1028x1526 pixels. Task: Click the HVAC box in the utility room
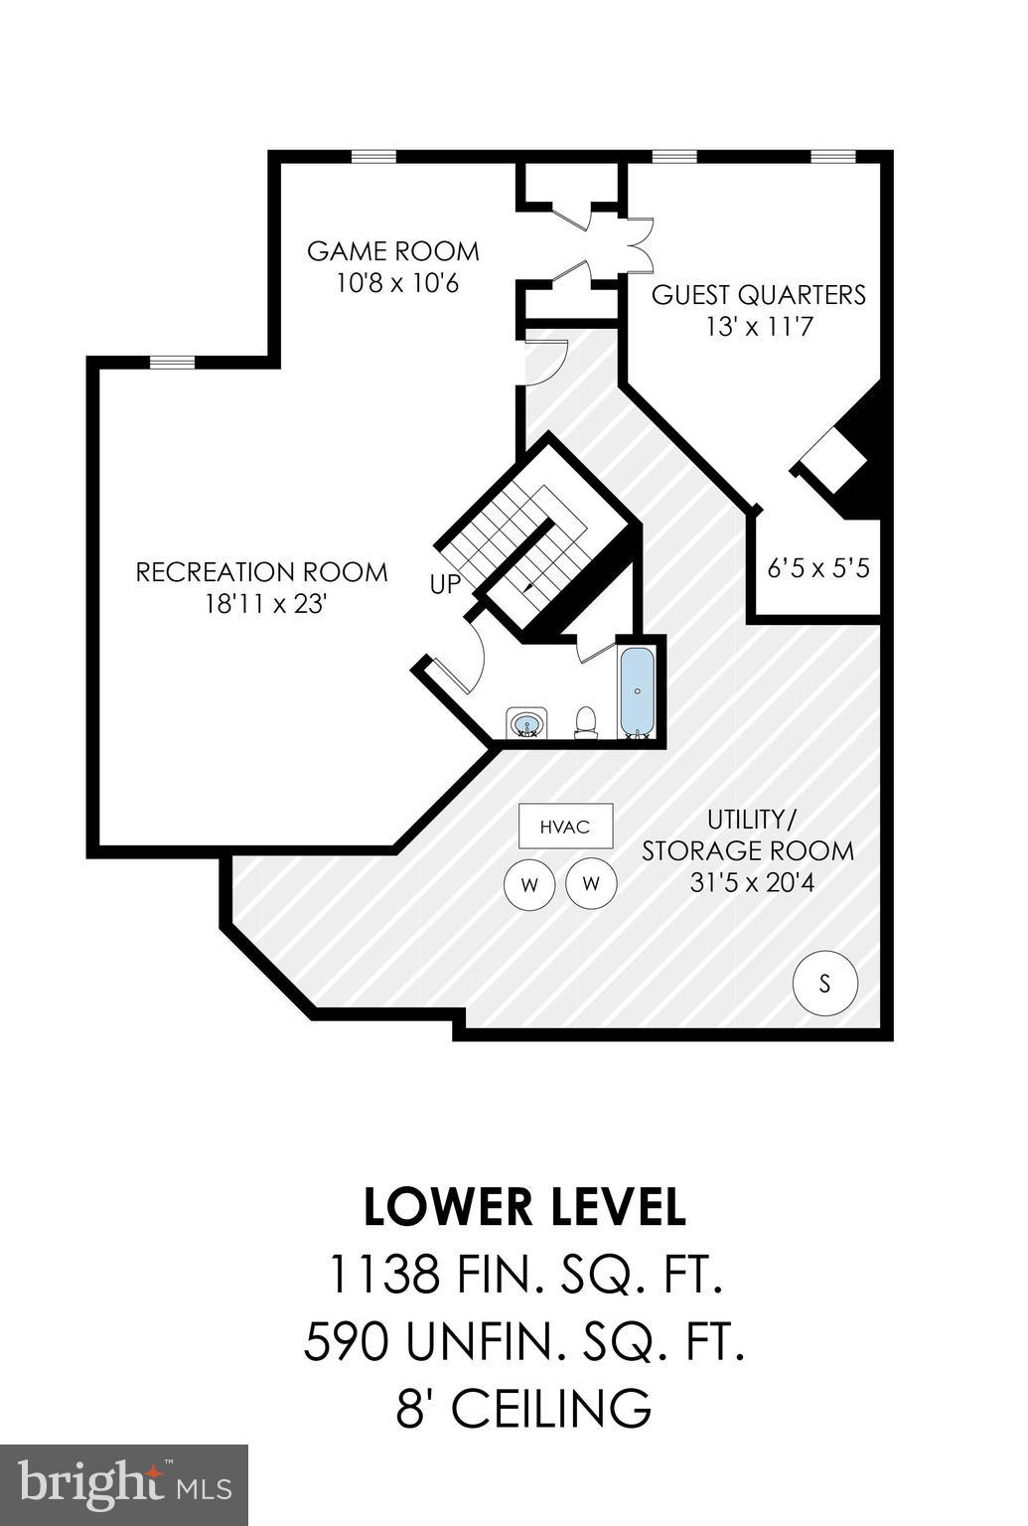[x=565, y=826]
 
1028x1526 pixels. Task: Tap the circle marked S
[x=824, y=985]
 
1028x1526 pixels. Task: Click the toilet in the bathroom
[x=587, y=722]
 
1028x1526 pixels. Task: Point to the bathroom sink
[x=526, y=722]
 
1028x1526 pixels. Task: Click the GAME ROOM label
[x=392, y=250]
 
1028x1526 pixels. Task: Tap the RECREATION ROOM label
[x=261, y=572]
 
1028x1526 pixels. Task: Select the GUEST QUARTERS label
[x=759, y=295]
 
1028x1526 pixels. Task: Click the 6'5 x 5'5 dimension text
[x=818, y=568]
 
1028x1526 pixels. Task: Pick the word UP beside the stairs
[x=446, y=584]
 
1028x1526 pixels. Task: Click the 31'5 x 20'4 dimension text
[x=752, y=881]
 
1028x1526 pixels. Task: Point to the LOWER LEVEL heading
[x=524, y=1207]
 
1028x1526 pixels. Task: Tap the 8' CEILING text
[x=524, y=1409]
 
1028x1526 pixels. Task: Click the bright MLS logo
[x=124, y=1484]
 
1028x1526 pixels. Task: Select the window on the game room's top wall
[x=374, y=156]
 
